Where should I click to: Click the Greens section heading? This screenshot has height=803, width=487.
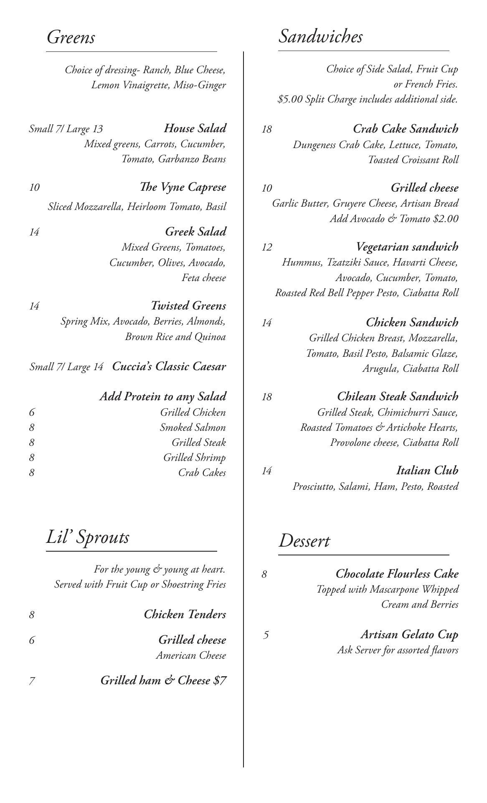(71, 37)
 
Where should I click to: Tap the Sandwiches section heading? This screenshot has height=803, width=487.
(320, 36)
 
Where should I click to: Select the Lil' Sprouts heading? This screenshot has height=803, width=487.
(88, 537)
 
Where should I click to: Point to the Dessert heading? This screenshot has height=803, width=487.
(304, 541)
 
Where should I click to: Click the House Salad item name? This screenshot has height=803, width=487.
(195, 128)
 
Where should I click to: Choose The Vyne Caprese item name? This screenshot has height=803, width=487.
(183, 187)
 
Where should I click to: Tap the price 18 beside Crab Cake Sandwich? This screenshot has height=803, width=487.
(267, 129)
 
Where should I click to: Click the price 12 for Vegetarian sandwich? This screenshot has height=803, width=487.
(267, 247)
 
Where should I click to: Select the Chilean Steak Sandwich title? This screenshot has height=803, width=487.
(398, 396)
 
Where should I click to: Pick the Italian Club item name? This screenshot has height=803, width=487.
(427, 471)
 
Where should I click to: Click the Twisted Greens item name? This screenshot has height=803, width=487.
(188, 306)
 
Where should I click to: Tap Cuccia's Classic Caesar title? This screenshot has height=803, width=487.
(169, 366)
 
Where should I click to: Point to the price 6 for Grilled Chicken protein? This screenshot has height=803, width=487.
(32, 412)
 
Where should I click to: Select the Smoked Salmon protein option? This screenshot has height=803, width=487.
(193, 427)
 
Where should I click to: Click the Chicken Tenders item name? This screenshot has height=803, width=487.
(185, 614)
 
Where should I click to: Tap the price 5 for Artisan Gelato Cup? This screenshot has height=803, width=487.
(266, 635)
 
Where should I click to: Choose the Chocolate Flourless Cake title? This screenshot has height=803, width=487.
(397, 573)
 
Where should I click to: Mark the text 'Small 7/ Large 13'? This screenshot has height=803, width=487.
(66, 129)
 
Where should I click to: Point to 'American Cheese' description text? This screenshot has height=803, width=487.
(191, 655)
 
